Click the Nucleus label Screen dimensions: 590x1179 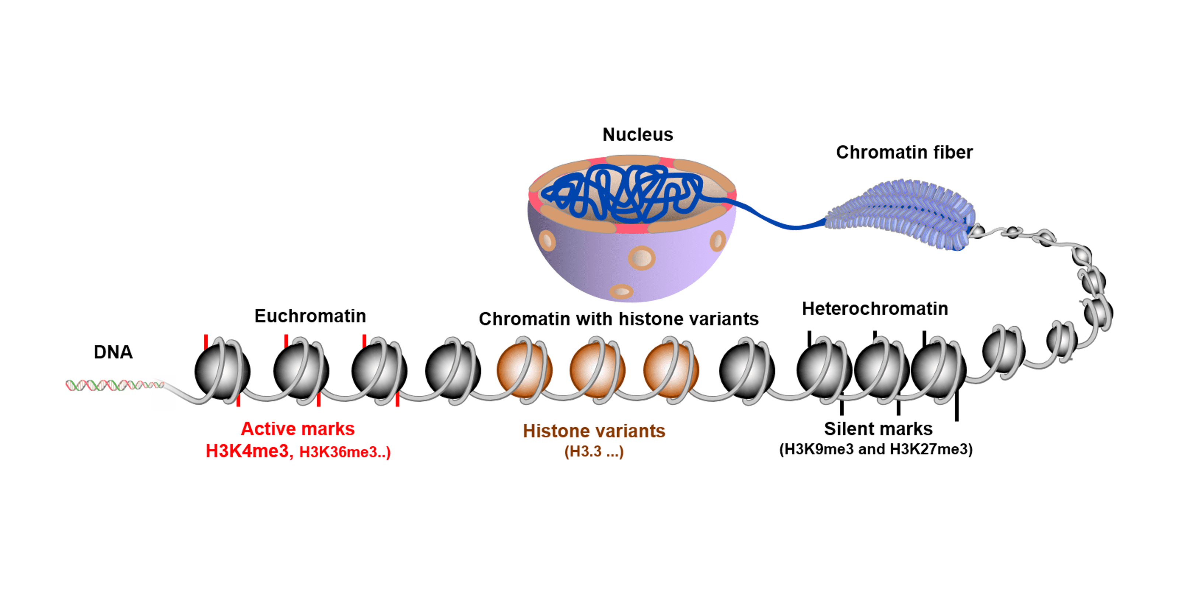tap(637, 135)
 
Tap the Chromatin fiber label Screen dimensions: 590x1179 tap(904, 153)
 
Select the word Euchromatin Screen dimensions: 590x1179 tap(310, 316)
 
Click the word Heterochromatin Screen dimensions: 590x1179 tap(875, 309)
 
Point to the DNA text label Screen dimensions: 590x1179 tap(113, 352)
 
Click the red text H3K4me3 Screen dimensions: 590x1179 tap(247, 451)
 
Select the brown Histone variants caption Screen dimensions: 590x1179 tap(594, 431)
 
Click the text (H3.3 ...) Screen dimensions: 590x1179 tap(594, 452)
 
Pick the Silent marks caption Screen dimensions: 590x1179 tap(878, 429)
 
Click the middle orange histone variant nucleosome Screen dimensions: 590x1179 tap(597, 371)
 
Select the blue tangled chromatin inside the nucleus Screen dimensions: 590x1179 tap(622, 192)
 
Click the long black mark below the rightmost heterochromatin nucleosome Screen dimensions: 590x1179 tap(956, 405)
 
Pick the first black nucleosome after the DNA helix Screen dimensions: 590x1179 tap(222, 371)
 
